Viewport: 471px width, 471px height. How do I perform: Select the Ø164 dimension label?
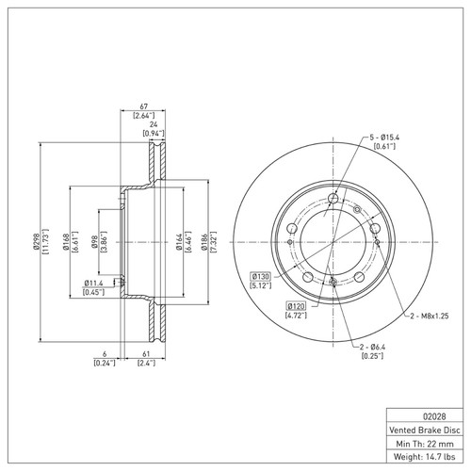pyautogui.click(x=179, y=243)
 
